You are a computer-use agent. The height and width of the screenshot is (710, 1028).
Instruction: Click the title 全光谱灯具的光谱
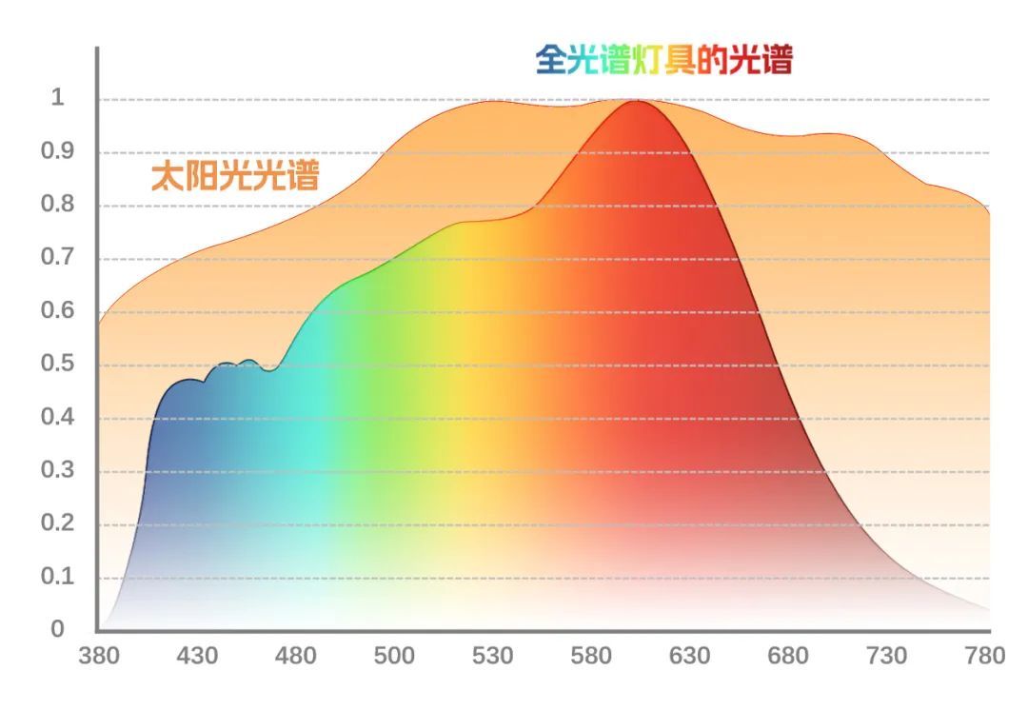click(x=663, y=60)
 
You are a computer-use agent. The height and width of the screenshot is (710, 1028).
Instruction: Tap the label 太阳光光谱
click(x=234, y=176)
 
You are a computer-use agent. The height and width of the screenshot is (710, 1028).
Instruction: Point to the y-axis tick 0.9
click(x=57, y=151)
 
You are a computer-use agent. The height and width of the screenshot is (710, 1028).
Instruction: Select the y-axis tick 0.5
click(x=57, y=365)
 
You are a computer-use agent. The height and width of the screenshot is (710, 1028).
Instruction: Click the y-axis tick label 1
click(x=57, y=98)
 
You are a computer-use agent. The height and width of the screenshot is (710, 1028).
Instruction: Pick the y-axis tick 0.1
click(x=57, y=577)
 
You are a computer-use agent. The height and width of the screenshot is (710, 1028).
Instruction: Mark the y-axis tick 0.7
click(x=57, y=258)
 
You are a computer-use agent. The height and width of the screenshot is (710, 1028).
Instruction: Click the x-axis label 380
click(x=99, y=656)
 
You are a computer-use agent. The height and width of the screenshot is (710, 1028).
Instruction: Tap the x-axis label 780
click(x=984, y=656)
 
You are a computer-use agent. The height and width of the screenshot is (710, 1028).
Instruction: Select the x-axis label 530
click(x=492, y=656)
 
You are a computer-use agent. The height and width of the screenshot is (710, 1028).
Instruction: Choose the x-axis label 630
click(x=689, y=656)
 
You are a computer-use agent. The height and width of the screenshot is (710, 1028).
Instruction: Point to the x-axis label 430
click(x=197, y=656)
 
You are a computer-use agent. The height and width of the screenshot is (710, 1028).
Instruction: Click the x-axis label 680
click(x=788, y=656)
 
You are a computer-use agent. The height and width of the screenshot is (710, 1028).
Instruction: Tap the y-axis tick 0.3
click(x=57, y=470)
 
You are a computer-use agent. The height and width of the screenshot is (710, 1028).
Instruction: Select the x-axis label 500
click(x=394, y=656)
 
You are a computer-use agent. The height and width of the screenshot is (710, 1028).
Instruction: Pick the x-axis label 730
click(x=886, y=656)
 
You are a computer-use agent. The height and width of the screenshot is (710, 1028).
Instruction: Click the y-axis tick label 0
click(x=57, y=629)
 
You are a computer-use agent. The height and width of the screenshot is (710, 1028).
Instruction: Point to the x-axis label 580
click(x=591, y=656)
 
